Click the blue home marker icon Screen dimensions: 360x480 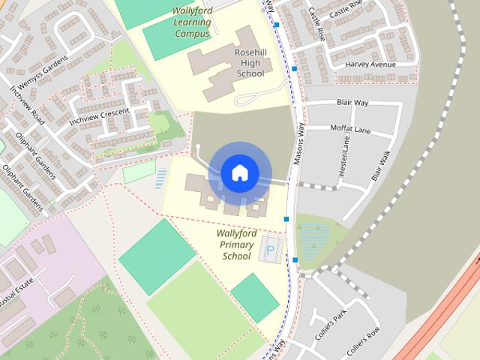(x=240, y=173)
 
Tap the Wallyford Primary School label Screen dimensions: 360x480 (x=236, y=244)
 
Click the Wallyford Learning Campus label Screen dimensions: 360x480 (x=192, y=22)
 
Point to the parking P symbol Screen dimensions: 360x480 (x=271, y=247)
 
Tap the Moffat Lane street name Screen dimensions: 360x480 (x=350, y=129)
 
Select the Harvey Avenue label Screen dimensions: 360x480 (x=370, y=64)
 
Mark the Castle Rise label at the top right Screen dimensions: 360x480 (x=345, y=11)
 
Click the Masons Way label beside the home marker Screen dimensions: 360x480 (x=299, y=142)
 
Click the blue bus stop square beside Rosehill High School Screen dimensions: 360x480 (x=294, y=69)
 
